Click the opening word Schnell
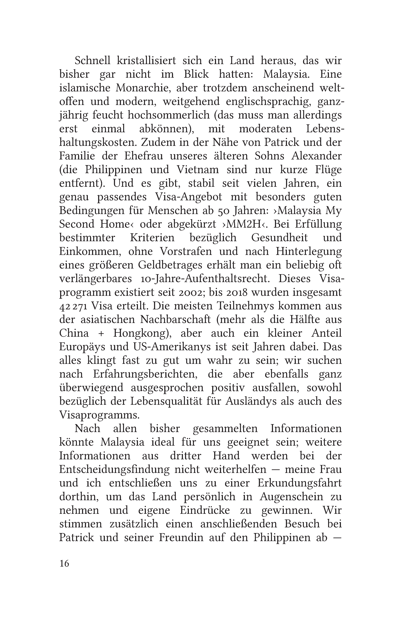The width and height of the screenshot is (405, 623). [91, 61]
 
